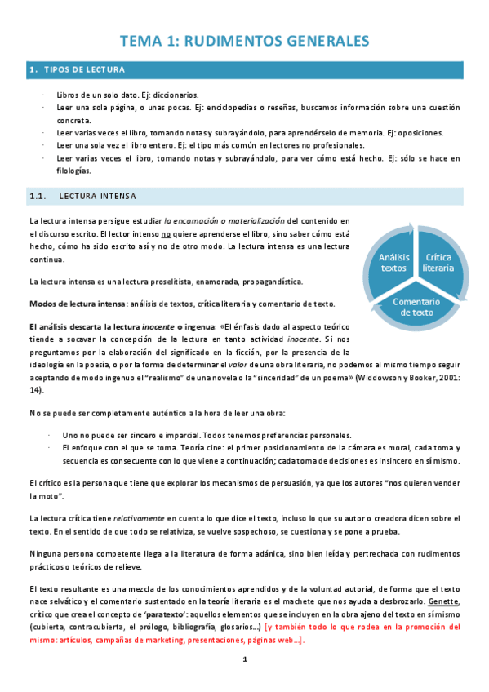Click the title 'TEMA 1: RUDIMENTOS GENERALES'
point(245,41)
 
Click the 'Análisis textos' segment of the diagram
point(393,262)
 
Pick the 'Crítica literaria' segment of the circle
point(438,262)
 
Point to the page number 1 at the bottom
point(244,659)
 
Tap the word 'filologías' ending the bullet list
point(73,171)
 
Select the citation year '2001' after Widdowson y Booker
point(444,379)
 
